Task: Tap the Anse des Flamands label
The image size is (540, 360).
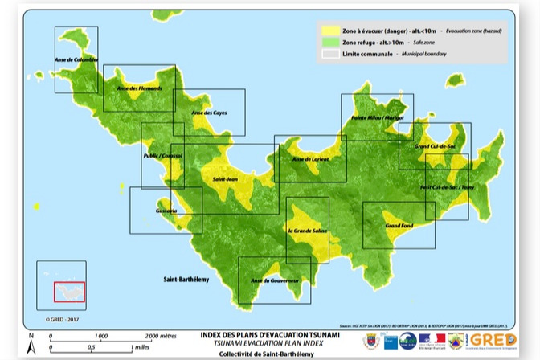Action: click(139, 88)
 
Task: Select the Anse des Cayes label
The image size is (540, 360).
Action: click(209, 112)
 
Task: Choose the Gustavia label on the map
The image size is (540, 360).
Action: click(166, 211)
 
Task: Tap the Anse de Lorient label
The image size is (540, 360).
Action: click(310, 159)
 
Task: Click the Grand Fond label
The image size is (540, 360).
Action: click(399, 226)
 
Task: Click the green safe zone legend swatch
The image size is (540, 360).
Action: click(330, 41)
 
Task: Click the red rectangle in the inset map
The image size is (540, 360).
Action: click(69, 292)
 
